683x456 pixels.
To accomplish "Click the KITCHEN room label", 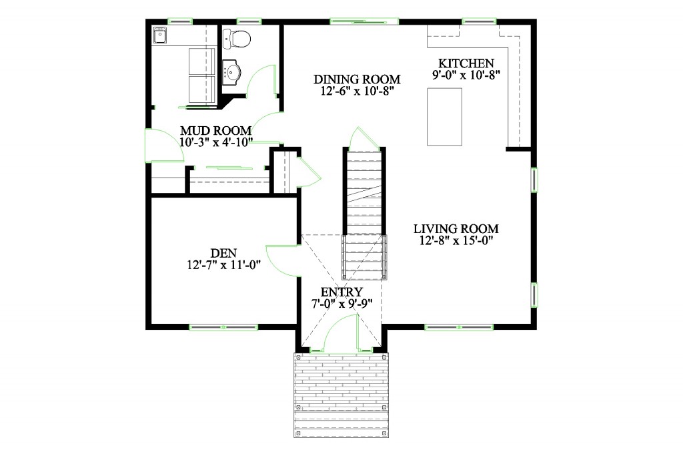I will point(462,63).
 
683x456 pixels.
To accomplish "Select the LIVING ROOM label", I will point(456,228).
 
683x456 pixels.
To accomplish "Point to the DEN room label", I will point(223,253).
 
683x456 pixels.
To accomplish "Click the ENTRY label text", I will point(341,292).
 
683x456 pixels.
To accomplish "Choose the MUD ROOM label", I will point(215,131).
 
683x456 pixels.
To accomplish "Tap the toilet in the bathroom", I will point(236,39).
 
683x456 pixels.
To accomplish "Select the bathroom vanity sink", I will point(232,72).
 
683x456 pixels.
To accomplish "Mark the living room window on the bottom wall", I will point(460,327).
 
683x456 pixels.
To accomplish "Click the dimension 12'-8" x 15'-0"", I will point(456,240).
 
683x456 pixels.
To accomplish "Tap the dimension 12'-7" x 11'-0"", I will point(223,265).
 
